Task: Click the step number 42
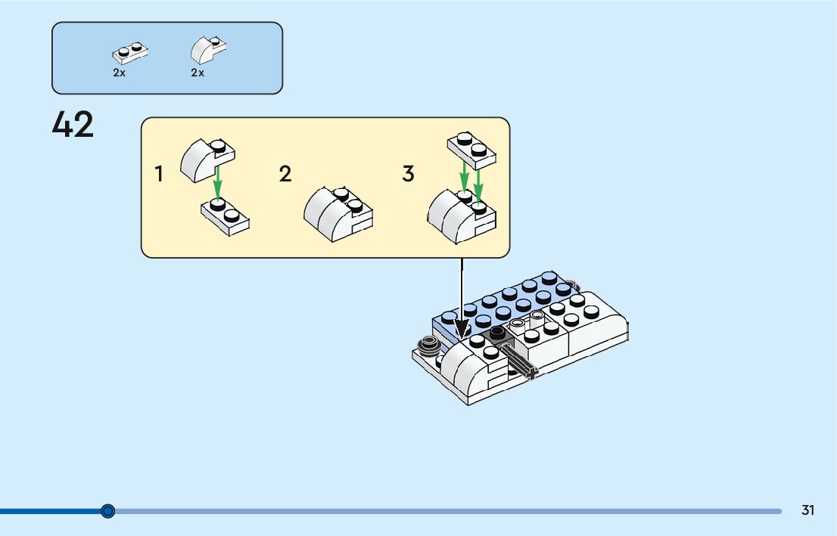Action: click(x=73, y=125)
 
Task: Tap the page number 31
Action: click(x=807, y=510)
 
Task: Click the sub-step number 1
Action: click(x=159, y=175)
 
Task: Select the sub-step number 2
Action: click(x=285, y=175)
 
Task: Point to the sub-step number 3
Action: click(x=408, y=175)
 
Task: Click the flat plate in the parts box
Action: click(x=129, y=52)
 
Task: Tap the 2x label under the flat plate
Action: click(x=119, y=73)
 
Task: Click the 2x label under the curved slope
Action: click(x=198, y=73)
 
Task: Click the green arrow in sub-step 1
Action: click(x=217, y=181)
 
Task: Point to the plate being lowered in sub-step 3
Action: click(x=472, y=149)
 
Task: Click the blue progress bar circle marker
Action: click(x=107, y=511)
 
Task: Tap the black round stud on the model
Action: click(x=497, y=333)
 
